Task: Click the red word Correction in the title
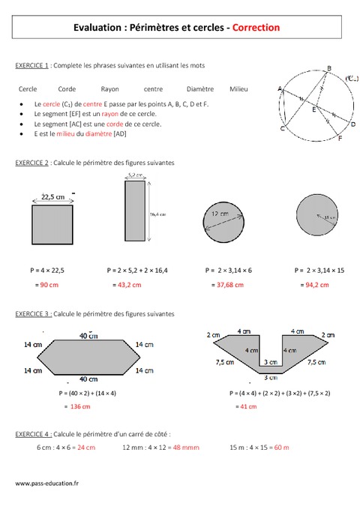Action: [256, 27]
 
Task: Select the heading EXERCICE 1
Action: [32, 66]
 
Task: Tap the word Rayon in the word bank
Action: [109, 88]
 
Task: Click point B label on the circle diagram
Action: [328, 69]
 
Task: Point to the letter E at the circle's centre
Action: [313, 109]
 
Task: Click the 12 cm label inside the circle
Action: [220, 214]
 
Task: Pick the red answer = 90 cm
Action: [49, 285]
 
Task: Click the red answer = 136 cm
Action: [76, 406]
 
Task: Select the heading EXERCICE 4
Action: [32, 434]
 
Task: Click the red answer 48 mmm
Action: [185, 448]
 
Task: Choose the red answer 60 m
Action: [281, 448]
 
